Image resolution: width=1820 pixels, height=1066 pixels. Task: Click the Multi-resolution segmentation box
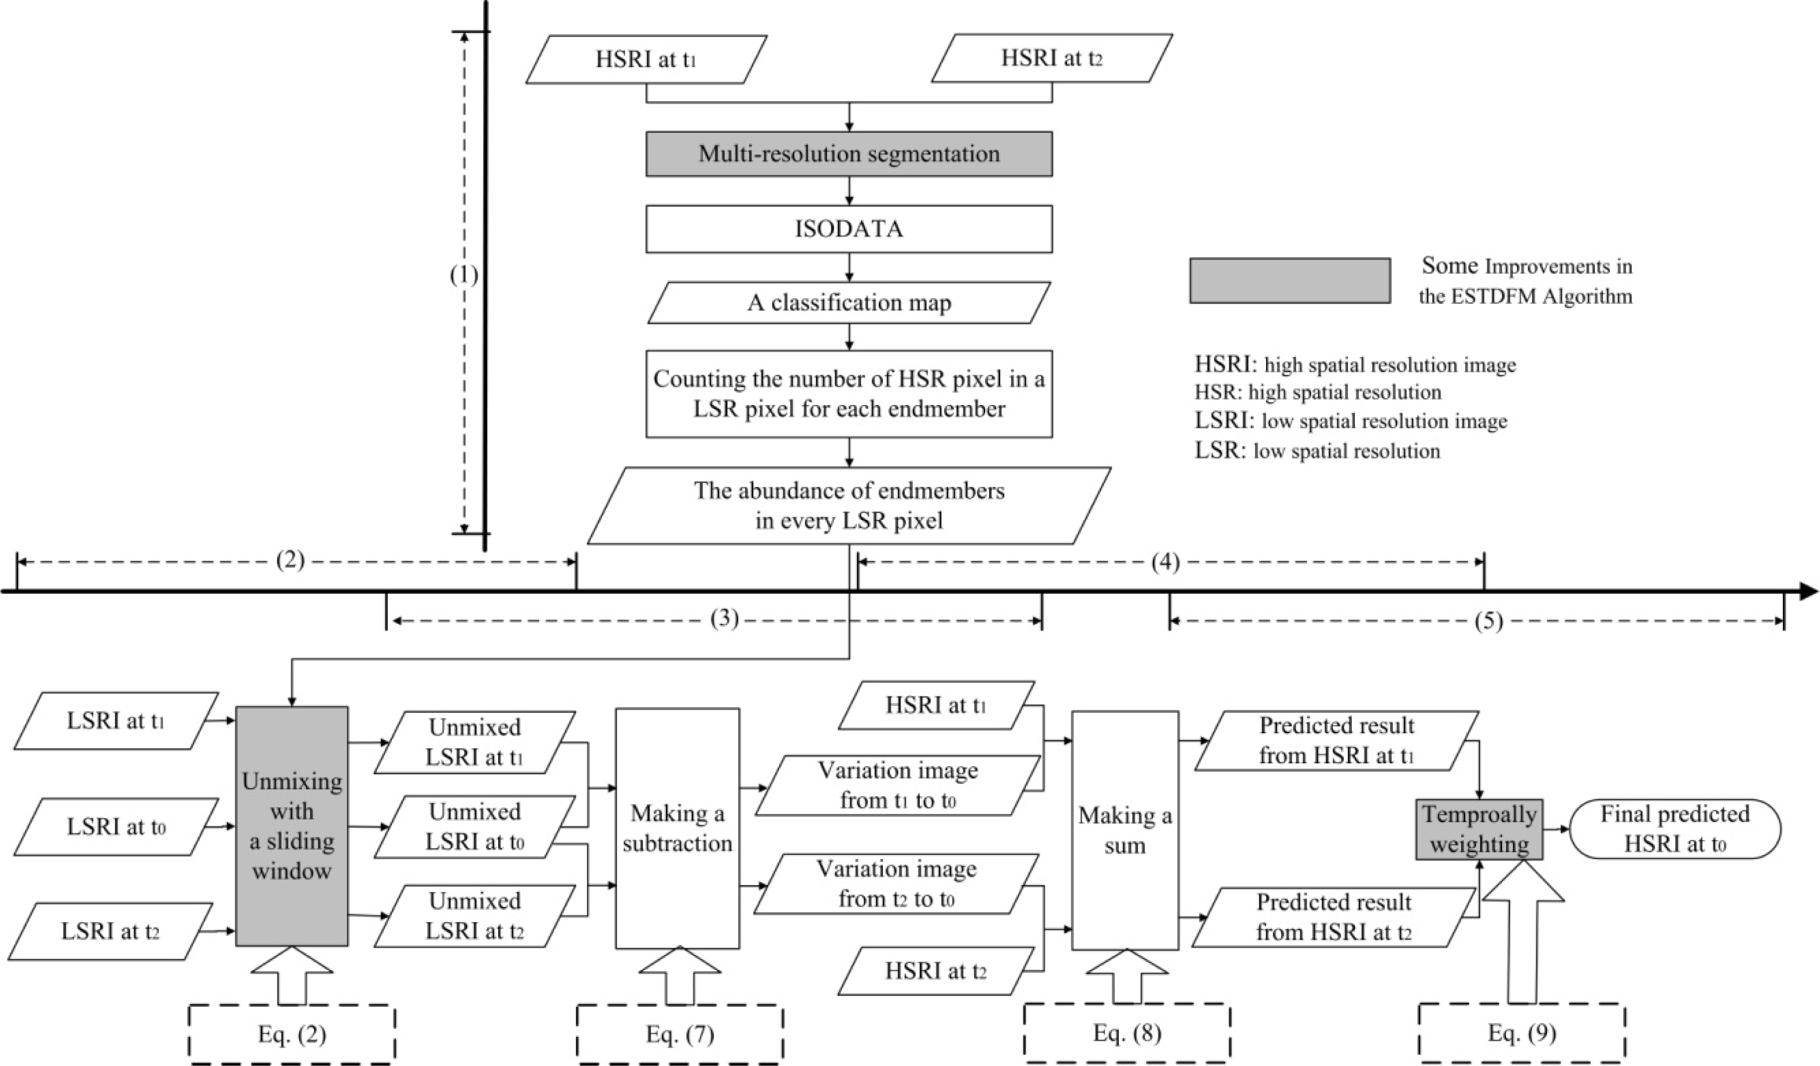pyautogui.click(x=849, y=154)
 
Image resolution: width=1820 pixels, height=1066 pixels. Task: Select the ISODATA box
pyautogui.click(x=849, y=229)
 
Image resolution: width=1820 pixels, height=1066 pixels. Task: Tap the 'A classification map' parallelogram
pyautogui.click(x=849, y=303)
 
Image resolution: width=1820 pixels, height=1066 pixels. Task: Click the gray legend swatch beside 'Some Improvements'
pyautogui.click(x=1290, y=280)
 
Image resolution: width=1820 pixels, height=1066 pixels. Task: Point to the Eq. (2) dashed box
pyautogui.click(x=292, y=1034)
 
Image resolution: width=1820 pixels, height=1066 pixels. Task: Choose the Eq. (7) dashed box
pyautogui.click(x=680, y=1034)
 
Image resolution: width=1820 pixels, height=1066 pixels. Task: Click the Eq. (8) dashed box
pyautogui.click(x=1127, y=1033)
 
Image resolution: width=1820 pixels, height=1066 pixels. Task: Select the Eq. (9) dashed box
pyautogui.click(x=1522, y=1033)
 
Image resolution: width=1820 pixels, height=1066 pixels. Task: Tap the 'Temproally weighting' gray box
pyautogui.click(x=1479, y=829)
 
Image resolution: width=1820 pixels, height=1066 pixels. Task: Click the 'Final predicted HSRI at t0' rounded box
pyautogui.click(x=1675, y=829)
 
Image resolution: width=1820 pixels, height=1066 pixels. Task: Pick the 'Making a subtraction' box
pyautogui.click(x=677, y=828)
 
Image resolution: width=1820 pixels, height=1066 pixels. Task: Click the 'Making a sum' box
pyautogui.click(x=1124, y=831)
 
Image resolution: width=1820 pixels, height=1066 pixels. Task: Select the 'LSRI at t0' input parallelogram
pyautogui.click(x=115, y=827)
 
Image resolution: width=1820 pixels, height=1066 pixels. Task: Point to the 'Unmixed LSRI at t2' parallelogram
pyautogui.click(x=474, y=916)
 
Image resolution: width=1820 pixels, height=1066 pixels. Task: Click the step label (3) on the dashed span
pyautogui.click(x=725, y=619)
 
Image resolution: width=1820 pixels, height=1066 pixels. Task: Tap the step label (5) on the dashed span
pyautogui.click(x=1488, y=621)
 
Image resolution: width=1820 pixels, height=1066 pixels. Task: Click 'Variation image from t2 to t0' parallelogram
pyautogui.click(x=896, y=884)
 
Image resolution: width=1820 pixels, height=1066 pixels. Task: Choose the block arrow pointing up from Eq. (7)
pyautogui.click(x=680, y=975)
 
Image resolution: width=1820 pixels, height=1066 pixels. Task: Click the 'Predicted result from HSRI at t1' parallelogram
pyautogui.click(x=1336, y=740)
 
